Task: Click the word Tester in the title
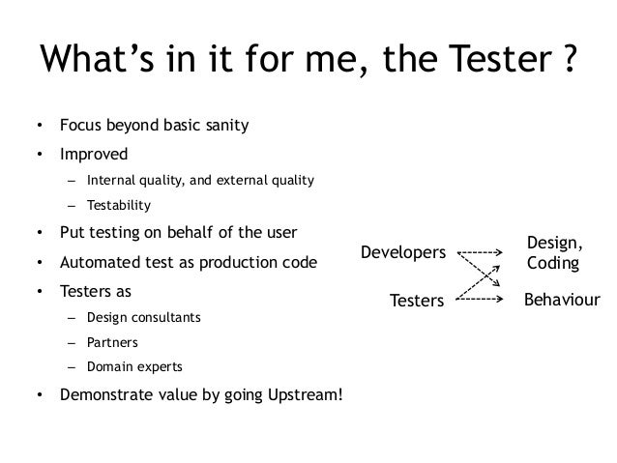(x=488, y=61)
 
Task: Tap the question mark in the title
(x=569, y=61)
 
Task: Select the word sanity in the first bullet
(x=222, y=126)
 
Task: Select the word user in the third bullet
(x=279, y=233)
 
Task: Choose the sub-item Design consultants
(x=144, y=316)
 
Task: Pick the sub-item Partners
(x=112, y=342)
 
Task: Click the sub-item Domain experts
(x=133, y=368)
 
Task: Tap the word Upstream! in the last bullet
(x=300, y=395)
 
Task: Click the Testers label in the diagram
(x=416, y=302)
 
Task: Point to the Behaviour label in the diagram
(x=562, y=301)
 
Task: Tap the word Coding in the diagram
(x=553, y=263)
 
